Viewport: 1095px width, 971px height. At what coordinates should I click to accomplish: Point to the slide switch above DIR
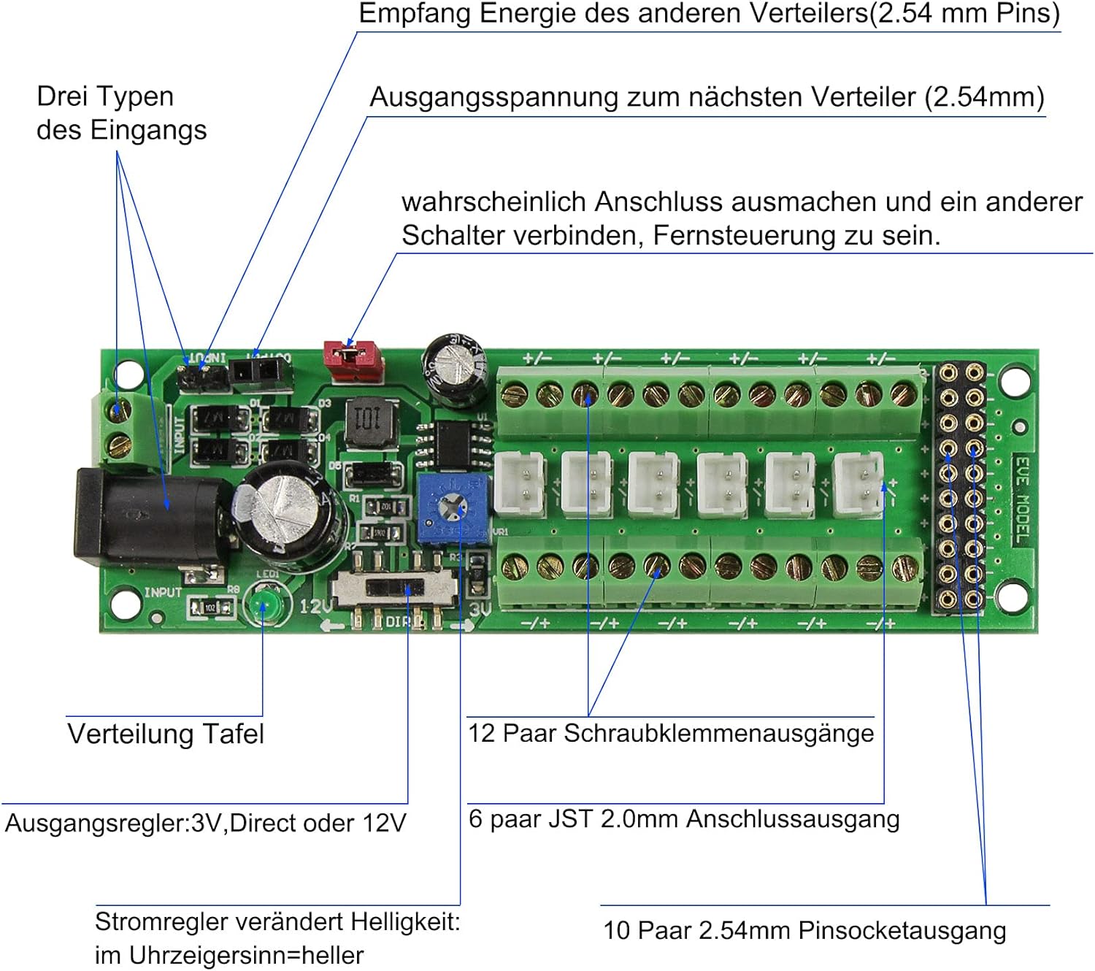pyautogui.click(x=395, y=588)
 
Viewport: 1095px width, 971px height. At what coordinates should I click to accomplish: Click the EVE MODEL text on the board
pyautogui.click(x=1023, y=499)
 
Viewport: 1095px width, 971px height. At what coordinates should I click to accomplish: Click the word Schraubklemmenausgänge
pyautogui.click(x=718, y=733)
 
